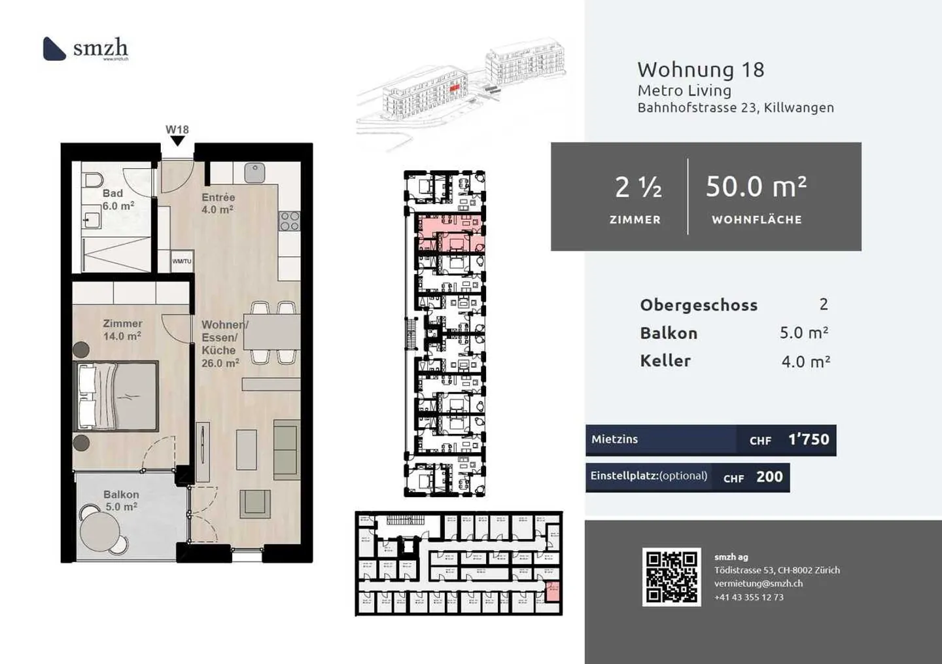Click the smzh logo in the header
(85, 48)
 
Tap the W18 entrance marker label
(177, 130)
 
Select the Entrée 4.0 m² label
(218, 203)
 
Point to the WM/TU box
(182, 261)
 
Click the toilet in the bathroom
(94, 181)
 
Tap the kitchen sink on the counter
(254, 173)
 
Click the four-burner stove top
(289, 221)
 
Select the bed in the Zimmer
(118, 396)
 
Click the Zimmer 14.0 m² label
(122, 330)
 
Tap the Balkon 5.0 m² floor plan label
(121, 500)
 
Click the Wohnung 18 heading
(701, 69)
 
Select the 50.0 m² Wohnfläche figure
(756, 187)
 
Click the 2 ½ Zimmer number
(638, 188)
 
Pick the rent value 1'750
(809, 440)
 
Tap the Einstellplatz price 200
(769, 477)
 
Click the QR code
(671, 576)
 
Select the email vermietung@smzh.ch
(758, 584)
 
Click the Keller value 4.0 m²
(805, 362)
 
